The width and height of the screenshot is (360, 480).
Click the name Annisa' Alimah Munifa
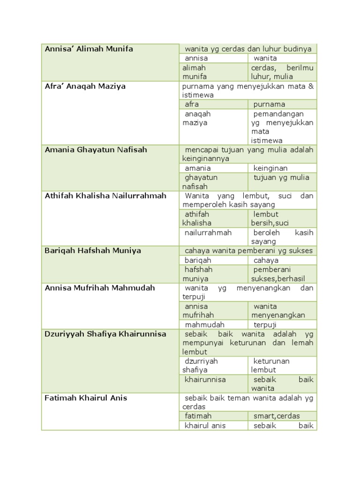[x=89, y=49]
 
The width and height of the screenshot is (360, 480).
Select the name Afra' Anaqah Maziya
[x=85, y=86]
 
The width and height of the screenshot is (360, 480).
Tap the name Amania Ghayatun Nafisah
[x=96, y=150]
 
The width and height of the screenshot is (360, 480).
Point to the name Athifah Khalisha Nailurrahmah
[x=105, y=195]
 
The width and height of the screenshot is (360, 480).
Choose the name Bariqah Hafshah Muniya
[x=92, y=251]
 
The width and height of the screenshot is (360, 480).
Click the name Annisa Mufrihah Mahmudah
[x=99, y=287]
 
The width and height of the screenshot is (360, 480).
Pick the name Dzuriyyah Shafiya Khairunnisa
[x=105, y=334]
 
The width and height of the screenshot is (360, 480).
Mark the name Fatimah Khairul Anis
[x=86, y=398]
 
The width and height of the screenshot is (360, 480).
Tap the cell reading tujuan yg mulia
[x=281, y=177]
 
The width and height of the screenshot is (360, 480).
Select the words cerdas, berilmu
[x=282, y=67]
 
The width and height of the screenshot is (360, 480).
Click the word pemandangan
[x=278, y=113]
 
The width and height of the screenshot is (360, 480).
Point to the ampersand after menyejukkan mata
[x=310, y=86]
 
